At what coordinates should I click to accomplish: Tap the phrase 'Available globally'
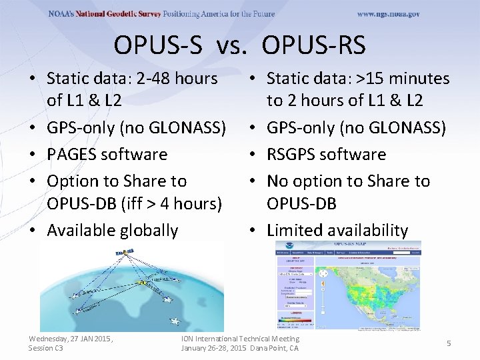point(113,231)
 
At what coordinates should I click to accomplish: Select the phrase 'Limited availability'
point(337,231)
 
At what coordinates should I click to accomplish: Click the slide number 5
point(449,343)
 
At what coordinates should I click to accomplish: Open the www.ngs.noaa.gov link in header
point(388,14)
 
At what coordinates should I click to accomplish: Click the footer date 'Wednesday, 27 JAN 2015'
point(71,339)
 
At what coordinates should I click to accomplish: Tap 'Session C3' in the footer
point(46,348)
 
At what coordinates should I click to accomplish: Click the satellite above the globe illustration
point(123,253)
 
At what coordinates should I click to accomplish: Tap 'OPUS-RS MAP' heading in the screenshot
point(348,245)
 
